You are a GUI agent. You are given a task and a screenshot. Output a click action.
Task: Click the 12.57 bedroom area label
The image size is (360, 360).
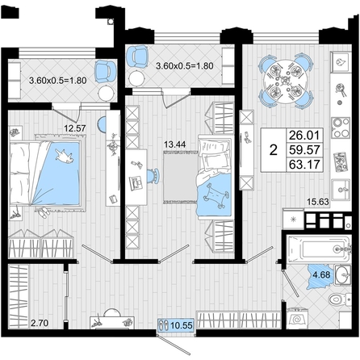(x=75, y=128)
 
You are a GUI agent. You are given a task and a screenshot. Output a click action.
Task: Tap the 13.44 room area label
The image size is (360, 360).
(x=175, y=144)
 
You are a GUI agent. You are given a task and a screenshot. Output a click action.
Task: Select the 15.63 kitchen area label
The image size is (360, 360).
(x=318, y=201)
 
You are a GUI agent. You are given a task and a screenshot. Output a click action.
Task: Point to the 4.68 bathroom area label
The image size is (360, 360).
(x=321, y=275)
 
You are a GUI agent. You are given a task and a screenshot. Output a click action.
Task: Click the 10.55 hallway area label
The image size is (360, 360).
(x=182, y=325)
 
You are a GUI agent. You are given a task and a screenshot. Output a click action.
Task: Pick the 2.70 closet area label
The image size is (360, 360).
(x=40, y=322)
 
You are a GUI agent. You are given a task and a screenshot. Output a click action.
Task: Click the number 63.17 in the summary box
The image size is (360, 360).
(x=305, y=164)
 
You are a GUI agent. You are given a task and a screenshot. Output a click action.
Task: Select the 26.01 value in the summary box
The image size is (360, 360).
(x=305, y=135)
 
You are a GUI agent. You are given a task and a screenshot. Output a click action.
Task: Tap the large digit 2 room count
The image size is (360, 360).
(x=274, y=150)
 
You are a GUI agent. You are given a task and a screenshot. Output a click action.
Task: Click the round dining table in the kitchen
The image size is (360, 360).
(x=286, y=80)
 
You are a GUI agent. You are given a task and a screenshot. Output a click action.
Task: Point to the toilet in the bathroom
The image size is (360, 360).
(x=339, y=299)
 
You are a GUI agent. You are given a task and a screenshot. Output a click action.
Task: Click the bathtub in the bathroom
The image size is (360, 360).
(x=319, y=249)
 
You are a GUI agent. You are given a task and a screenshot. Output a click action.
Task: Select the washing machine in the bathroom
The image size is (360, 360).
(x=297, y=318)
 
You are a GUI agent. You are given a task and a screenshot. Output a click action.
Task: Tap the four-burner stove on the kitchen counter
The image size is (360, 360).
(x=341, y=128)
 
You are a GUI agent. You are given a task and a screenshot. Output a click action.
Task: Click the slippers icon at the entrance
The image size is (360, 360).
(x=163, y=324)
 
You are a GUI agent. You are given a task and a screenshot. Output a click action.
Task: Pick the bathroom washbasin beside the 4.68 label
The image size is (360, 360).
(x=343, y=274)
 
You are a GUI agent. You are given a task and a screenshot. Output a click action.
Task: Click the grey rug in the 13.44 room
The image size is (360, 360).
(x=180, y=178)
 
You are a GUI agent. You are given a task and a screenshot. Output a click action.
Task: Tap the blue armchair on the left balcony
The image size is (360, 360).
(x=105, y=71)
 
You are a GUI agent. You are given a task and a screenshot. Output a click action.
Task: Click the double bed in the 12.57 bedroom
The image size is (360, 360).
(x=45, y=174)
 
